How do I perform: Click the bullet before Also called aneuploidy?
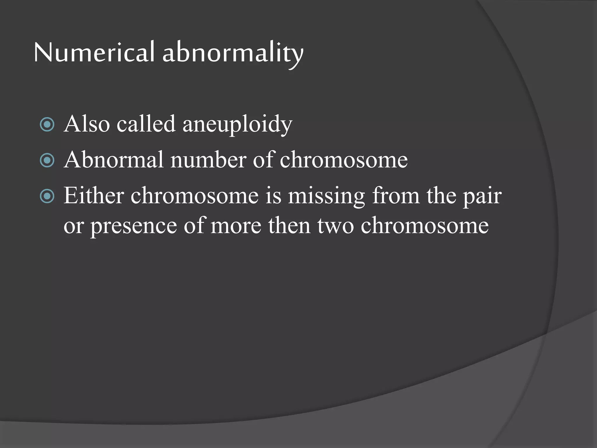(47, 125)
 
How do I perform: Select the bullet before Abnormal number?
(47, 160)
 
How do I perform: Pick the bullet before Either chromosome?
(47, 196)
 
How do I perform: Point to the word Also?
(87, 124)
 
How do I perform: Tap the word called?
(146, 124)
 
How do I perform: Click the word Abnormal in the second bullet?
(114, 160)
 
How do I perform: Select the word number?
(208, 160)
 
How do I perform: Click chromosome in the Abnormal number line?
(344, 160)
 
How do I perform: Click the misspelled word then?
(289, 225)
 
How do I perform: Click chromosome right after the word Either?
(194, 196)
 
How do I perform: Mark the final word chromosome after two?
(425, 226)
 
